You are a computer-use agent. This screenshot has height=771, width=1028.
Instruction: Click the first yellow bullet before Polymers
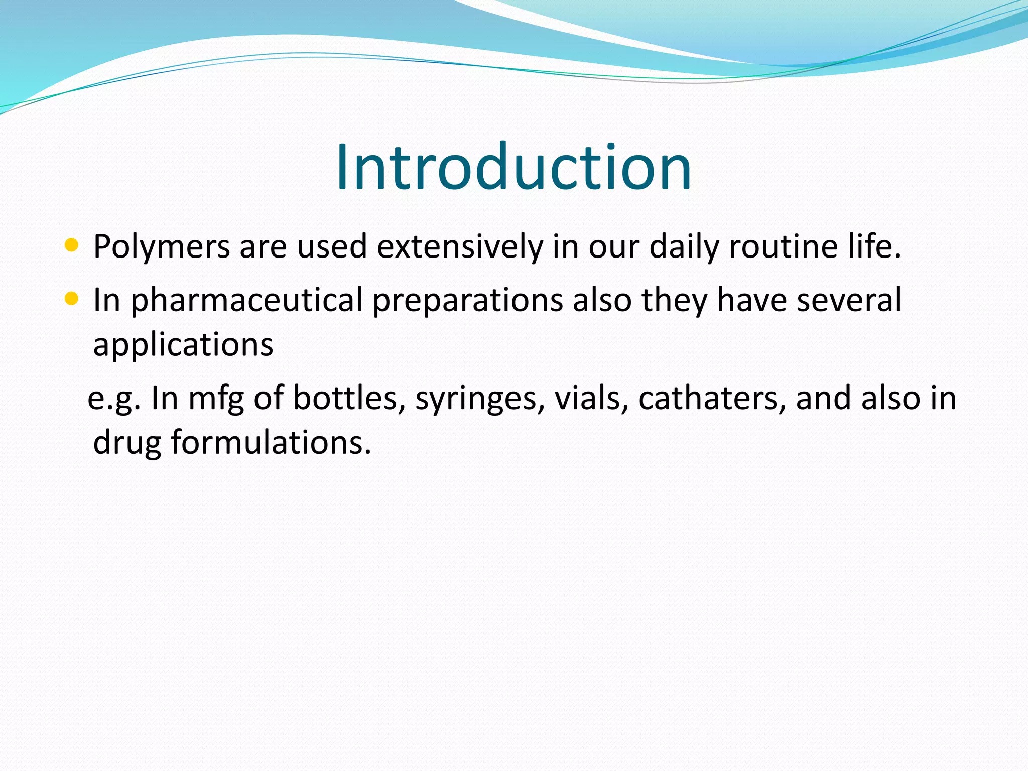(x=72, y=245)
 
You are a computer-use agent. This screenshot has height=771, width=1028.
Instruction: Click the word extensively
(x=460, y=246)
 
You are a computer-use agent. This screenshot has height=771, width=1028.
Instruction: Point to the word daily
(x=684, y=247)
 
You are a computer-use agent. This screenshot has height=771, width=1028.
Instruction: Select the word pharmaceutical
(x=246, y=301)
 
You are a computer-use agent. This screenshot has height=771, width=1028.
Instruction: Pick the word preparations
(x=468, y=301)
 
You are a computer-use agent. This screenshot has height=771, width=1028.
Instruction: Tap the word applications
(x=183, y=345)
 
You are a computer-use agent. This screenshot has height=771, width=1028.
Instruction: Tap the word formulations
(x=271, y=443)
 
